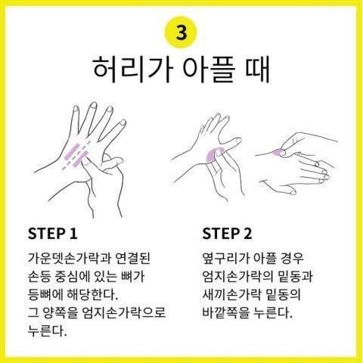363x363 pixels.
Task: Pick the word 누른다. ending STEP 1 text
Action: [x=45, y=330]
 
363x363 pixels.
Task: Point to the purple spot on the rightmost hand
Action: [x=276, y=151]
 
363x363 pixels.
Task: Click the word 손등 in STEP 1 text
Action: [x=39, y=275]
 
